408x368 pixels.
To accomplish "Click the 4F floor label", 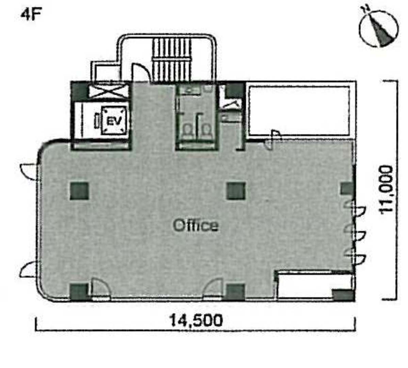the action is (31, 15).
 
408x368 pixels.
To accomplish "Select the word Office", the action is (196, 225).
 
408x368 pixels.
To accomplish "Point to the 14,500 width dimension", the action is (196, 320).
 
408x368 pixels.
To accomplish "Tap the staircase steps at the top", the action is (172, 60).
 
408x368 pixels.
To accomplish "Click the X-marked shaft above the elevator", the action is (108, 92).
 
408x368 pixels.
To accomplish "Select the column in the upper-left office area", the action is (79, 191).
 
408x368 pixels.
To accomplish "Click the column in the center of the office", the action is (236, 191).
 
